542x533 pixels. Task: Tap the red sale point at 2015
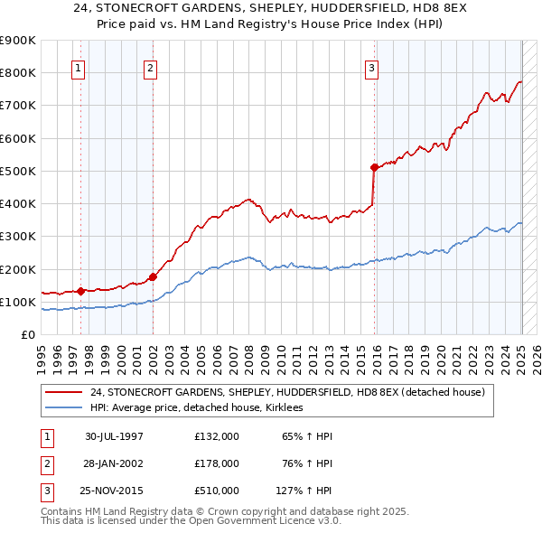[x=374, y=167]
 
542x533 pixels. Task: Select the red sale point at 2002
[x=153, y=276]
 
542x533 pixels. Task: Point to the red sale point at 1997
[x=81, y=291]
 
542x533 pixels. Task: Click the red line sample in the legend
[x=63, y=392]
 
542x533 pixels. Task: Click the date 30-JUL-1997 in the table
[x=115, y=436]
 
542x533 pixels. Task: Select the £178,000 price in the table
[x=217, y=463]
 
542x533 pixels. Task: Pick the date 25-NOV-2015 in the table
[x=115, y=491]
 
